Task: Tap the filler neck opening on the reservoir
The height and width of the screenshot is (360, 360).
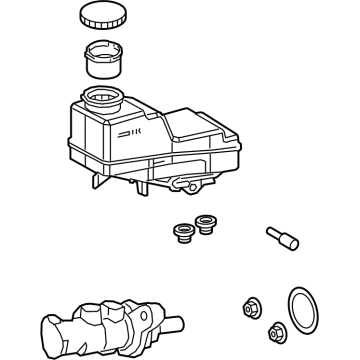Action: pos(100,97)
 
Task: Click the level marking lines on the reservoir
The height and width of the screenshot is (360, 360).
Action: pos(130,131)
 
